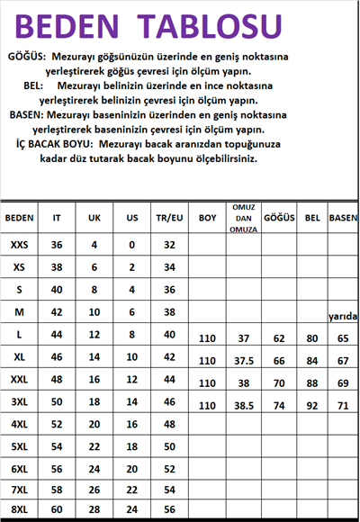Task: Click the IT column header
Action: [58, 219]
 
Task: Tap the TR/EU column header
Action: [168, 219]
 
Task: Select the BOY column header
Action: [208, 218]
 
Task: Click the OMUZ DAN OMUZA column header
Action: [242, 218]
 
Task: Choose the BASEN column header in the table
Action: [343, 219]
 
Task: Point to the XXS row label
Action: [19, 245]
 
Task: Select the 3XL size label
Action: [19, 401]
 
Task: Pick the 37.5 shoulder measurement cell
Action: [243, 362]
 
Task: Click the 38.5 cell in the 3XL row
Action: [243, 406]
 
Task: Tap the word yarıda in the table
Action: [343, 316]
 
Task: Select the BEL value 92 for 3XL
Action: [313, 406]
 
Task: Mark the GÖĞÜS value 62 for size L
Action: [279, 339]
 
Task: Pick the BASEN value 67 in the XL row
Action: [343, 362]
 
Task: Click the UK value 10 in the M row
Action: [94, 312]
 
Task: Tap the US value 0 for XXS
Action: [131, 245]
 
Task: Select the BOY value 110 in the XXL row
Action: [208, 383]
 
